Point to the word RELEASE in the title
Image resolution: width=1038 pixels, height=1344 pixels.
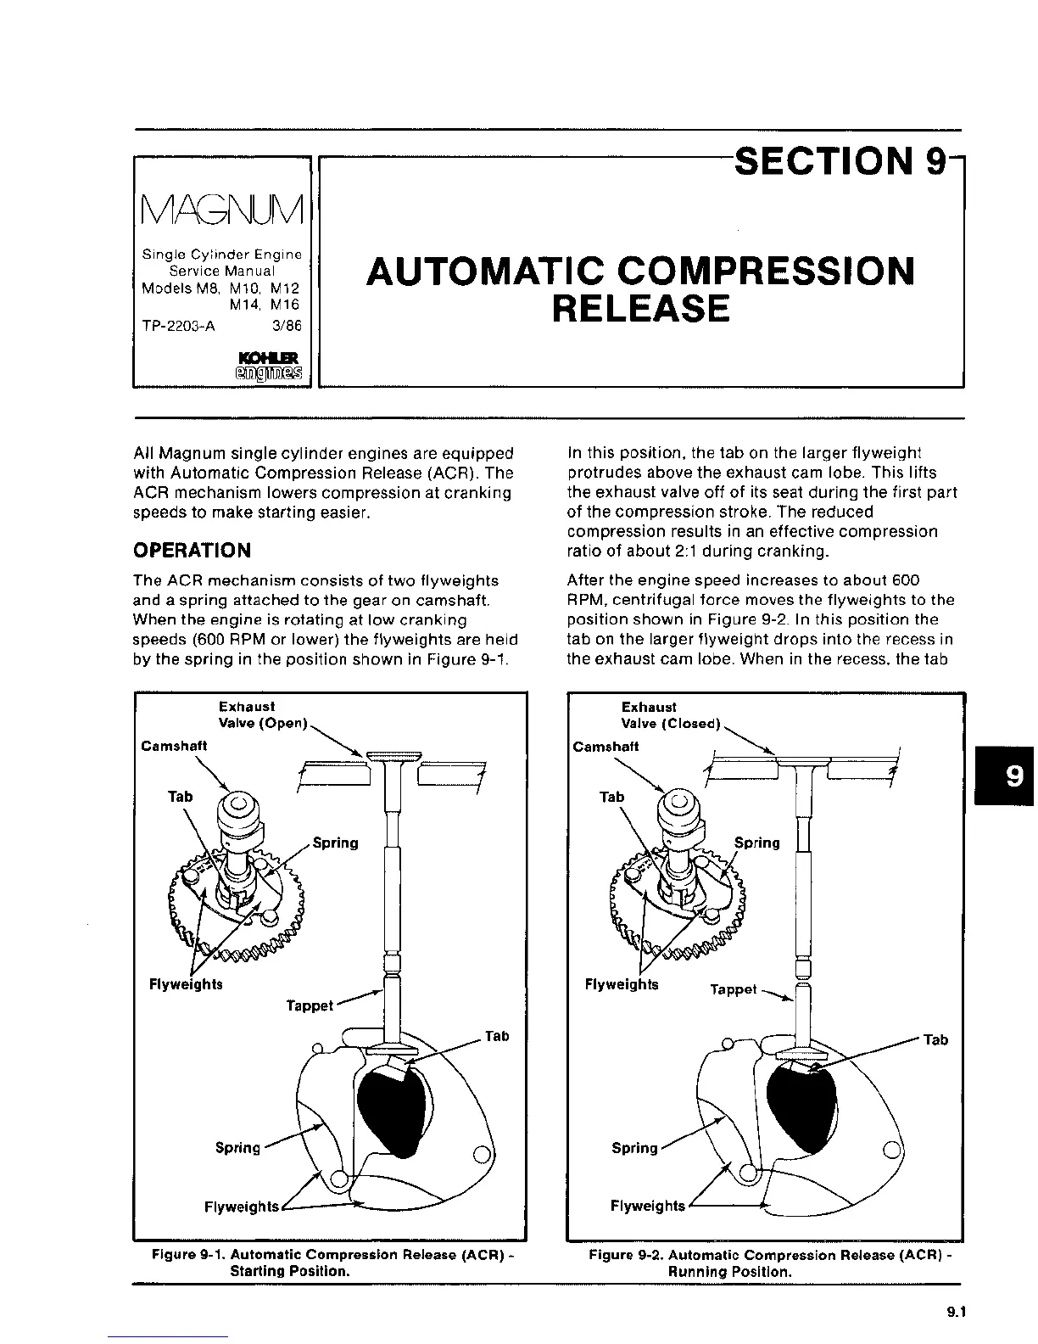coord(640,309)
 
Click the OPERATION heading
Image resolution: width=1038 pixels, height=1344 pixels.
coord(193,551)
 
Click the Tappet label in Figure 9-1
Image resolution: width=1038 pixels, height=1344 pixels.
coord(310,1005)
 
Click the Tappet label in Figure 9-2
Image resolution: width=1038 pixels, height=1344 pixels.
coord(733,989)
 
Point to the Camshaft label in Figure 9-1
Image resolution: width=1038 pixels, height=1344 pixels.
coord(174,745)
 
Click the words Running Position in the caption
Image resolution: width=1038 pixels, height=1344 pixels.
coord(730,1272)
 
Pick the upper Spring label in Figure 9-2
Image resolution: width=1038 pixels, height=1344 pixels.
coord(756,843)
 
